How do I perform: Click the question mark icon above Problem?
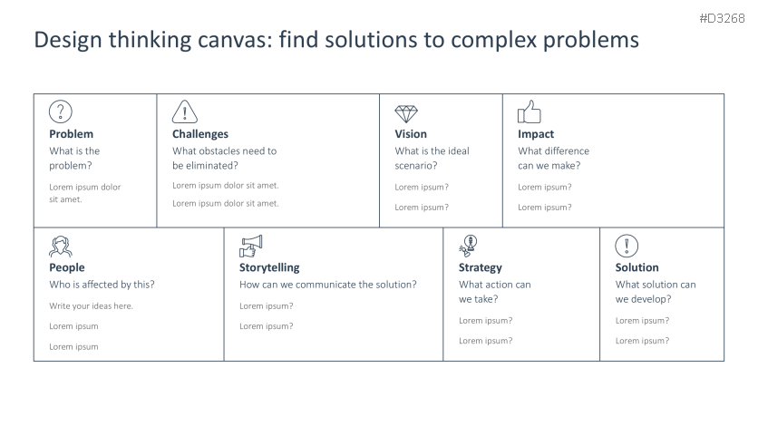click(x=60, y=111)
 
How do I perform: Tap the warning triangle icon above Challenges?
click(x=184, y=111)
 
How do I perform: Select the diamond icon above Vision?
click(x=406, y=113)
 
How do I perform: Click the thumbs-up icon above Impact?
click(x=529, y=112)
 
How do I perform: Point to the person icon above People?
click(x=60, y=246)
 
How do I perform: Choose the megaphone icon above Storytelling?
click(x=251, y=246)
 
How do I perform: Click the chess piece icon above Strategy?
click(x=468, y=246)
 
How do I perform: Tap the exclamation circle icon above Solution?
click(x=627, y=246)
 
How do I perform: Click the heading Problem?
click(x=71, y=134)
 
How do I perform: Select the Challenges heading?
click(x=200, y=134)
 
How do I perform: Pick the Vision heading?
click(x=411, y=134)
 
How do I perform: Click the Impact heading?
click(x=536, y=134)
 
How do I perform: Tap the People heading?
click(x=67, y=267)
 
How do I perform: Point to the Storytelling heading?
click(x=269, y=267)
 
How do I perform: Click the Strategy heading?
click(x=481, y=267)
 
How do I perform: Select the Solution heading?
click(x=637, y=267)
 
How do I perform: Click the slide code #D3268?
click(x=723, y=18)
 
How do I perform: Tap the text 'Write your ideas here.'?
click(x=91, y=305)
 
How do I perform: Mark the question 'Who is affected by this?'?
click(x=102, y=285)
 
